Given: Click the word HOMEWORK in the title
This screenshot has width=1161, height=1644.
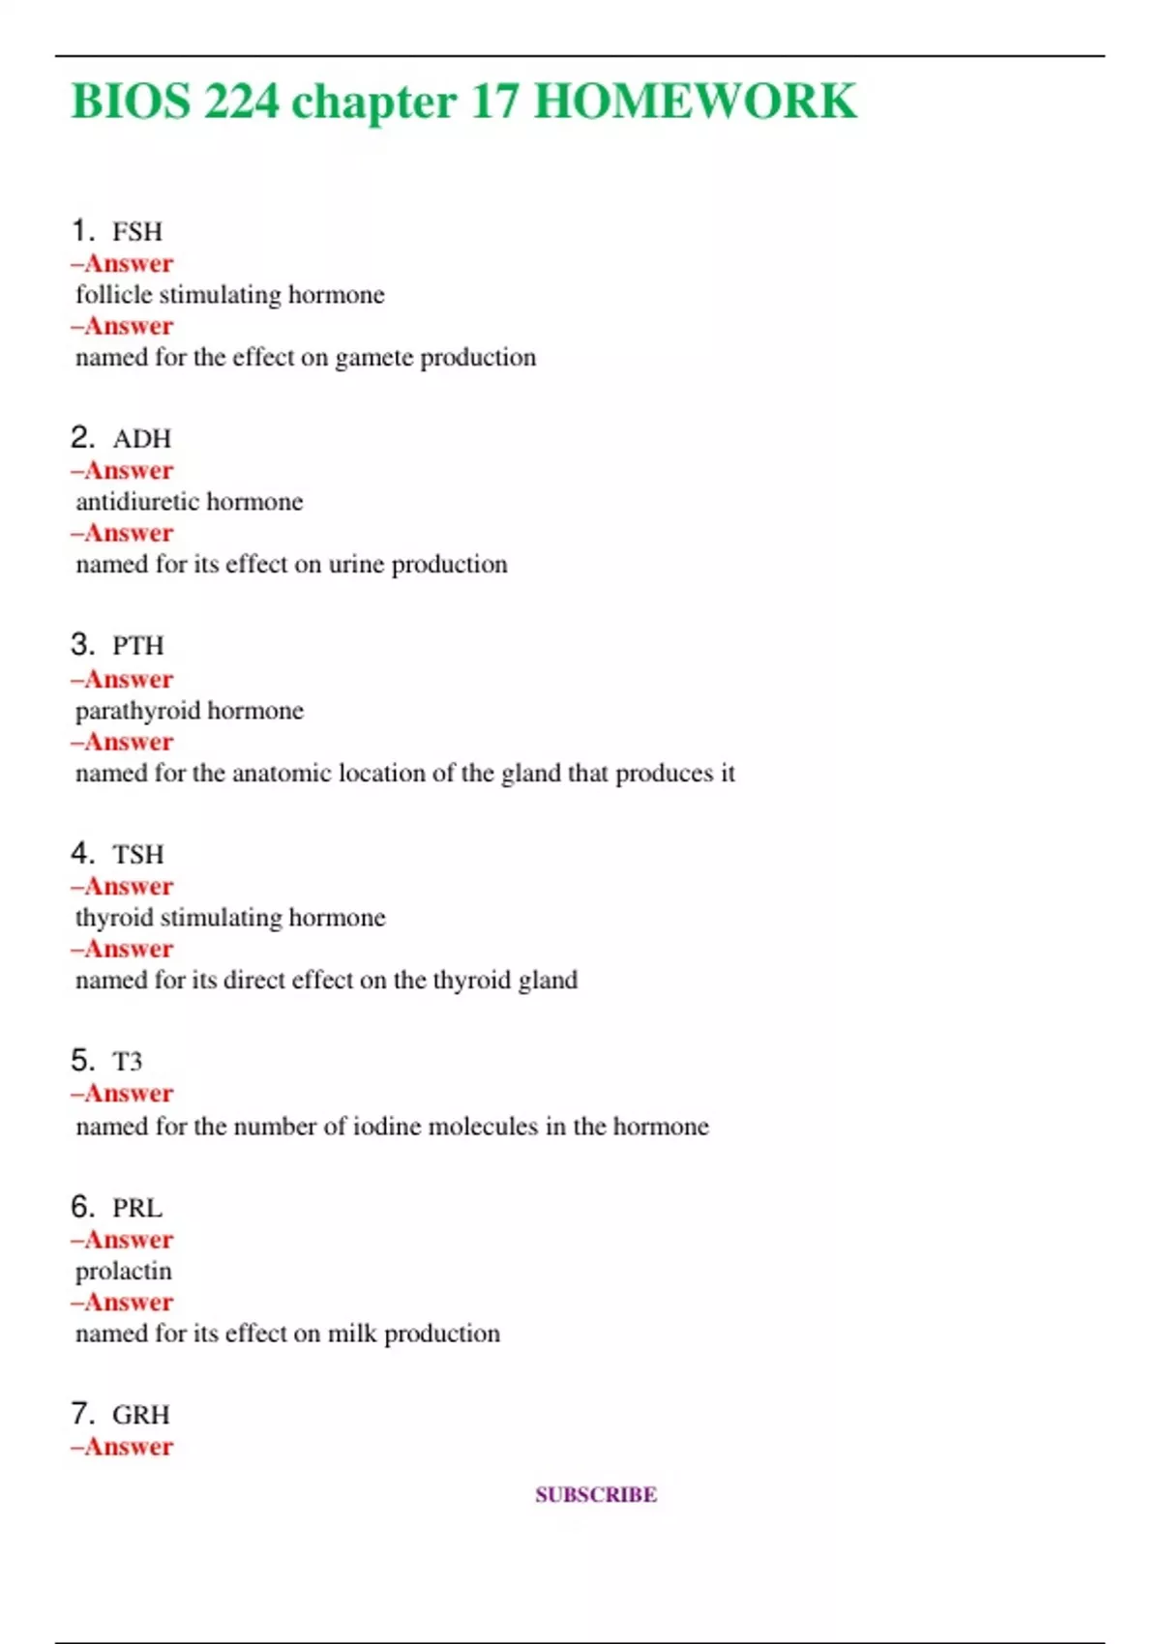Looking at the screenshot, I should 695,102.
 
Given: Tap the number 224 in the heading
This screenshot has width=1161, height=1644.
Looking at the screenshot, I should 242,102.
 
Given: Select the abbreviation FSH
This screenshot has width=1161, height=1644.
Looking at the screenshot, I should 137,232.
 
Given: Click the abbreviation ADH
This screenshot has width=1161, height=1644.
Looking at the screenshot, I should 141,439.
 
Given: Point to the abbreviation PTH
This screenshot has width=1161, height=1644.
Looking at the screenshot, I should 138,646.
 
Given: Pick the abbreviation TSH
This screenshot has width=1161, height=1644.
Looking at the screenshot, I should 138,855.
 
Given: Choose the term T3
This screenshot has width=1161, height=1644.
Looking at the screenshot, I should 128,1062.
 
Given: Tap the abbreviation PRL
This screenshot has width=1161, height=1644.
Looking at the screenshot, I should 137,1209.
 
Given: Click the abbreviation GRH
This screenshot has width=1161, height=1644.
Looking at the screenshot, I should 141,1416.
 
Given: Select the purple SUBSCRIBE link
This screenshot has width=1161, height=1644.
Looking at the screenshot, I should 596,1495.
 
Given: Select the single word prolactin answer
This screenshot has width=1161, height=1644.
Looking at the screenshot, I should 123,1272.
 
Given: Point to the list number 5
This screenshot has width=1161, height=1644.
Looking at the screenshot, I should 82,1061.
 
